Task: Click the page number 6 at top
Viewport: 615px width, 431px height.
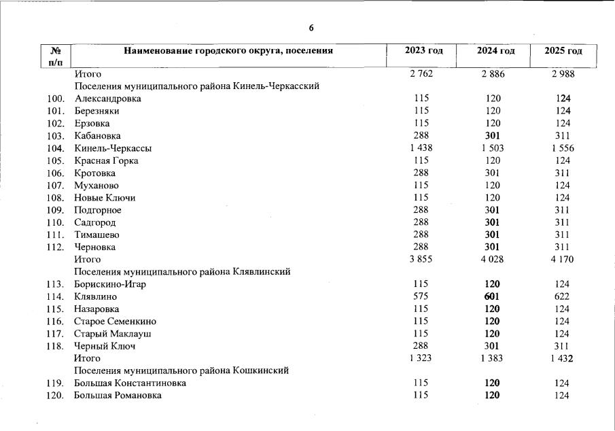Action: pyautogui.click(x=311, y=28)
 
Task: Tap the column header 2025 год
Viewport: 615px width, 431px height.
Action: pyautogui.click(x=563, y=52)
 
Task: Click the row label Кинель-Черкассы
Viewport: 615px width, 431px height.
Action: pyautogui.click(x=113, y=148)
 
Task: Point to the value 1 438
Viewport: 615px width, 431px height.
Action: pyautogui.click(x=421, y=148)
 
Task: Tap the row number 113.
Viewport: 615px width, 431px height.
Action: pyautogui.click(x=56, y=284)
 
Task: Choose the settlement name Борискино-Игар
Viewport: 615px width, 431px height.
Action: pyautogui.click(x=110, y=284)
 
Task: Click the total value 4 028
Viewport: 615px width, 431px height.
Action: pyautogui.click(x=492, y=259)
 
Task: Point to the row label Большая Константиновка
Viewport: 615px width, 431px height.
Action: pyautogui.click(x=130, y=383)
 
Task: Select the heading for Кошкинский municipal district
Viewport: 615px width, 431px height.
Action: pyautogui.click(x=181, y=370)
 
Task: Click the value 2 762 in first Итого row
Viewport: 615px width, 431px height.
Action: pyautogui.click(x=421, y=73)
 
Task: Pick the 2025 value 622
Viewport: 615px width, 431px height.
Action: pyautogui.click(x=562, y=296)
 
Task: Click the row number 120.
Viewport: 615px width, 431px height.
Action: pyautogui.click(x=56, y=396)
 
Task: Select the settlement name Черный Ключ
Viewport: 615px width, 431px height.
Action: pyautogui.click(x=105, y=346)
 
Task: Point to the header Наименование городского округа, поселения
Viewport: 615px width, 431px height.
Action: pyautogui.click(x=228, y=50)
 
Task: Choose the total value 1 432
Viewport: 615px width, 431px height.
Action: pyautogui.click(x=562, y=358)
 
